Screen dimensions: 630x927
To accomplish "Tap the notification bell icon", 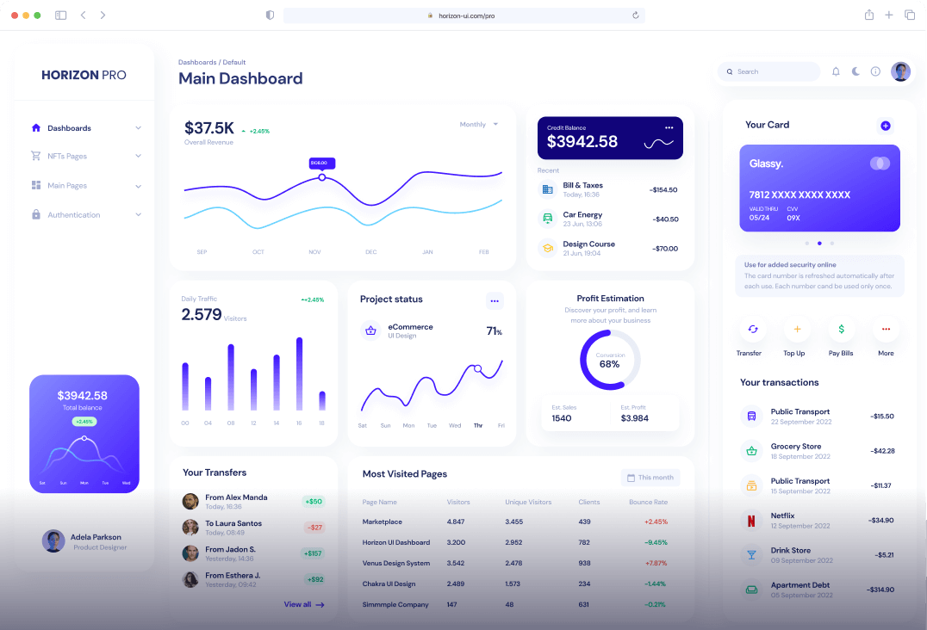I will pos(836,71).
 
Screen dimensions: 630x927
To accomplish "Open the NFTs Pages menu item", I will pos(67,157).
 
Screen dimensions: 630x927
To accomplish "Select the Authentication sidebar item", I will pos(73,215).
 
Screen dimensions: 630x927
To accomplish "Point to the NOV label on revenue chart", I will pos(314,252).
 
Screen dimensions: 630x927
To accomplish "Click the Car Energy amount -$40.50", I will pos(665,219).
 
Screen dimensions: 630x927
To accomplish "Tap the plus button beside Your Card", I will pos(885,126).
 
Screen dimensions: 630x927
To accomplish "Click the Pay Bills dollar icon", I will pos(841,329).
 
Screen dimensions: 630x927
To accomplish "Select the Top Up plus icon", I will pos(796,329).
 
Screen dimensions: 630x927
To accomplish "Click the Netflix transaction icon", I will pos(751,520).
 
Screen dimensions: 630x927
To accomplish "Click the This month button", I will pos(650,478).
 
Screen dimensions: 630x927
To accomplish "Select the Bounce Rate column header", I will pos(648,502).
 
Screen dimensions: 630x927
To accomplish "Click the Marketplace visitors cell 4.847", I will pos(455,522).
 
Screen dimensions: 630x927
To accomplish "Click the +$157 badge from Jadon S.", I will pos(314,553).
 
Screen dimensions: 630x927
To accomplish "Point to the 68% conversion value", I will pos(609,364).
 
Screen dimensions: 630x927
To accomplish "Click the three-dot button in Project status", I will pos(494,300).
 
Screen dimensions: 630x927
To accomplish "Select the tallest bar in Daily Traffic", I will pos(299,374).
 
